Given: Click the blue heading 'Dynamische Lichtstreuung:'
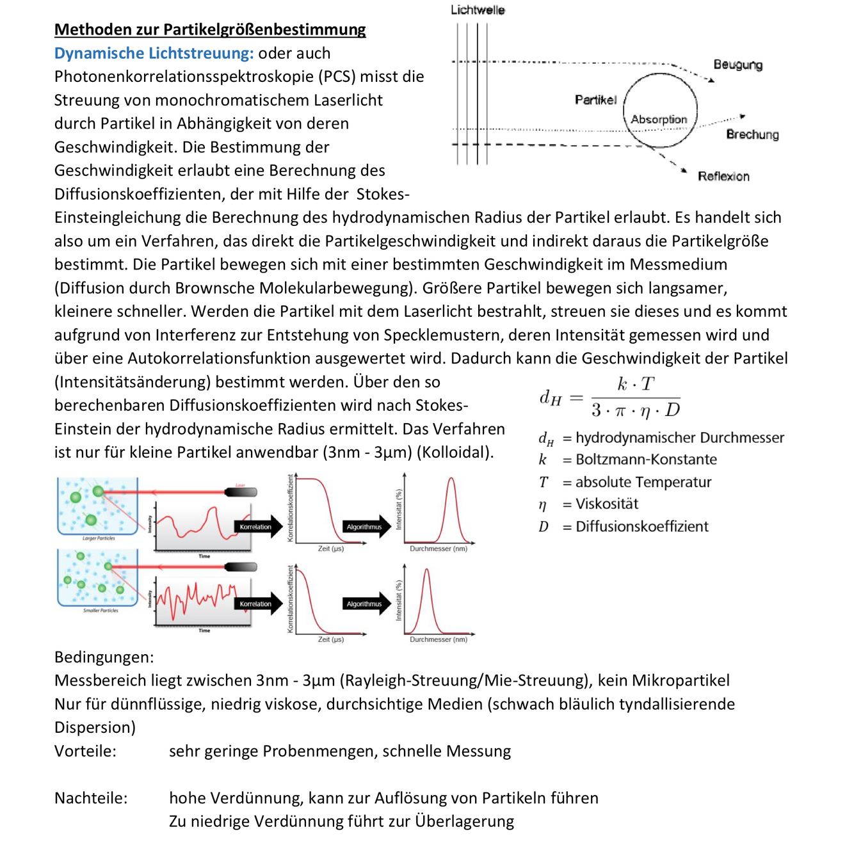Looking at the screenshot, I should point(154,53).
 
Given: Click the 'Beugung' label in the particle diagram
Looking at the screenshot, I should point(737,65).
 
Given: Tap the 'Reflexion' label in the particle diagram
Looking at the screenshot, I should point(723,176).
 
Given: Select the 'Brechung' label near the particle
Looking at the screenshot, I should point(752,134).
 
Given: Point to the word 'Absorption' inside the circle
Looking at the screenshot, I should point(659,119).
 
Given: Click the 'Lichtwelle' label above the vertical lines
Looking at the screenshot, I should point(478,10).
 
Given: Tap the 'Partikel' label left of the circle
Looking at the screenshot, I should point(595,100).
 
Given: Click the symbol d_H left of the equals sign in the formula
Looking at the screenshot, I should point(550,398).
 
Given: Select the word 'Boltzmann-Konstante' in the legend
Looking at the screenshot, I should point(646,460).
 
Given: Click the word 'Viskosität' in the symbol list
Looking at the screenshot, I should point(607,504).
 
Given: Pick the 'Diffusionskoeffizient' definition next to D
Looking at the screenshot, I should point(642,526).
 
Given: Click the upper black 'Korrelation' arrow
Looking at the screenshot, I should point(257,527).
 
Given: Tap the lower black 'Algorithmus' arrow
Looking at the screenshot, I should point(366,604).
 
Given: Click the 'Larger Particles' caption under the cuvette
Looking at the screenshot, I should point(99,538).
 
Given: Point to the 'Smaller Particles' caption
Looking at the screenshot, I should point(101,611).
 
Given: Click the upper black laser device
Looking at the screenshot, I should point(241,492).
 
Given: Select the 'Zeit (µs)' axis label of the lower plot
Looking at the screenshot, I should point(331,639).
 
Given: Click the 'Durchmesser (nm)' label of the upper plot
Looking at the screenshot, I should point(439,549).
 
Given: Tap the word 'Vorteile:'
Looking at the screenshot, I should point(85,751).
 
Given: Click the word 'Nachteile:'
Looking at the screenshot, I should point(91,798).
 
